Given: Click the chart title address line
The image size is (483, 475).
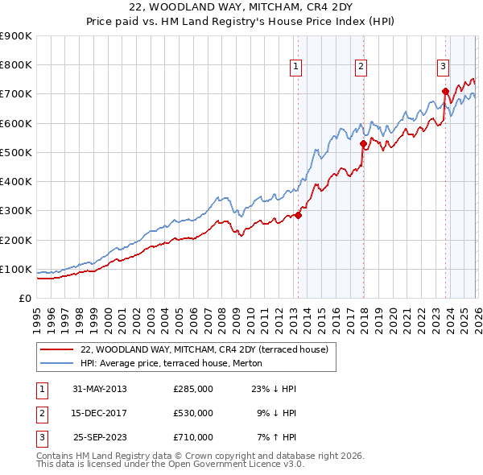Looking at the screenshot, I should coord(242,8).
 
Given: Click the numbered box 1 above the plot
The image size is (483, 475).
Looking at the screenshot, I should coord(296,67).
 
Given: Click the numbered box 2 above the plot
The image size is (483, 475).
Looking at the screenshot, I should coord(361,67).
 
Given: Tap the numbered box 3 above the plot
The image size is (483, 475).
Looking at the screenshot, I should coord(444,67).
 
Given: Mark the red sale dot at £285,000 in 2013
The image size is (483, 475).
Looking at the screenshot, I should coord(298,215).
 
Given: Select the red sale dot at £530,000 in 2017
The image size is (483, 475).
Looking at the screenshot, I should coord(363,144).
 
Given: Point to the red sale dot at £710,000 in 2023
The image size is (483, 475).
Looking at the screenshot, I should coord(445,91).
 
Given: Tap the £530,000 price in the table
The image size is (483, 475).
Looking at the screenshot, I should coord(192,413).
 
